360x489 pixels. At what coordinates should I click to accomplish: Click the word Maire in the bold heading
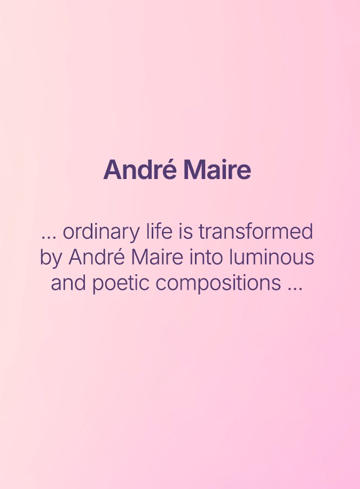(x=217, y=169)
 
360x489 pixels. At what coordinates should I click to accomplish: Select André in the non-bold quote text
(x=97, y=257)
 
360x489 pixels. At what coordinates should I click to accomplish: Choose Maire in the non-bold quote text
(x=157, y=257)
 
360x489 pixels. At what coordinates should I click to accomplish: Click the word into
(x=206, y=257)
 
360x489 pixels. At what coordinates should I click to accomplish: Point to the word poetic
(x=121, y=284)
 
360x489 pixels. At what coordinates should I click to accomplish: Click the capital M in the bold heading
(x=193, y=170)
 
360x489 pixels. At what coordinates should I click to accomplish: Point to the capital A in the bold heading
(x=113, y=170)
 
